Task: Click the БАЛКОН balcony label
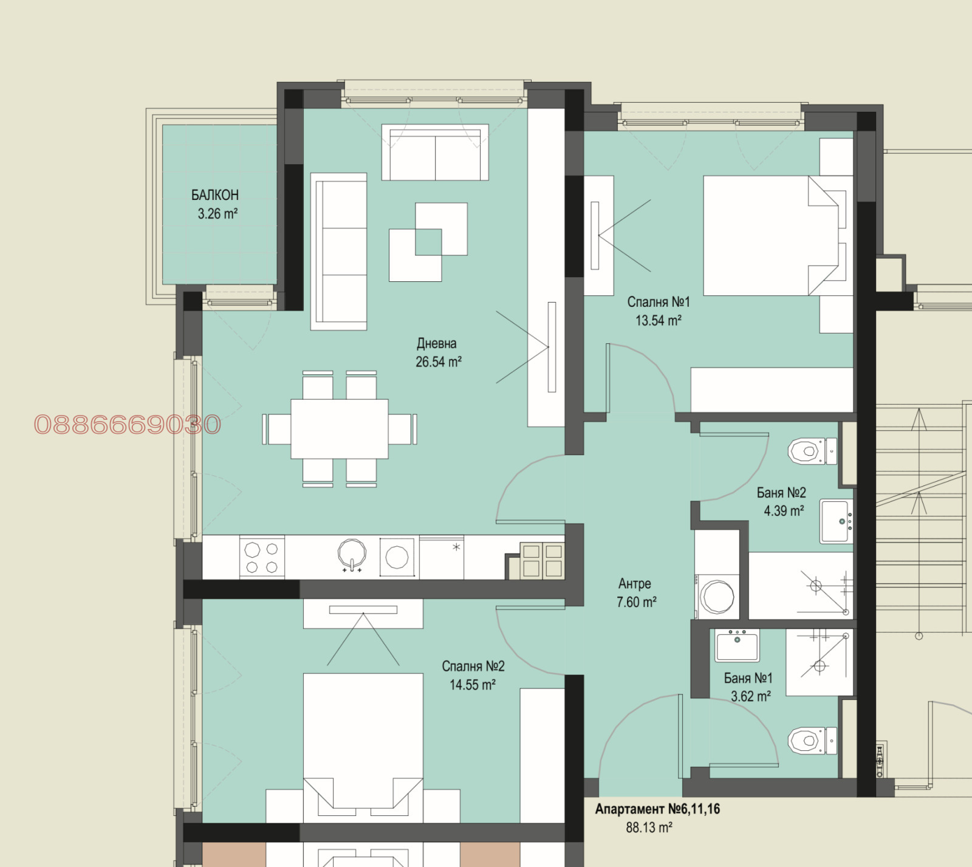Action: coord(215,195)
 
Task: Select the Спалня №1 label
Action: coord(659,302)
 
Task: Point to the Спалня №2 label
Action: coord(473,667)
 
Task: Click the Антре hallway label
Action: coord(635,584)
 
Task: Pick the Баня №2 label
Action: coord(781,493)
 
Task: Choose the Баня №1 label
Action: coord(748,678)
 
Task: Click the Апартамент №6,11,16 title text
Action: coord(657,809)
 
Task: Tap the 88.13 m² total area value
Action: coord(649,828)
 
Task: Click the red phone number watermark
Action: coord(128,425)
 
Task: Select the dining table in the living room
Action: coord(340,428)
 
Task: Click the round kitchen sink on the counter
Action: coord(352,554)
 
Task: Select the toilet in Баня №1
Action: coord(812,741)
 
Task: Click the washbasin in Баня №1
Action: coord(737,645)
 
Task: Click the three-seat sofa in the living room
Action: coord(339,252)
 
